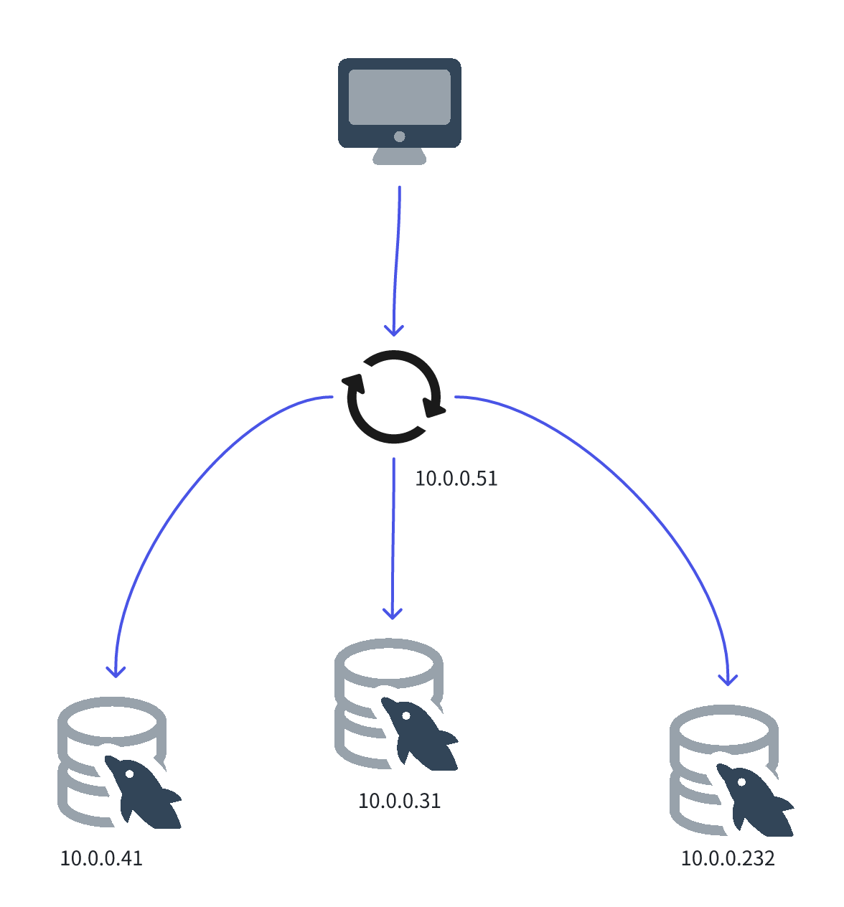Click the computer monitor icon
pyautogui.click(x=399, y=108)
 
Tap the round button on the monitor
pyautogui.click(x=400, y=136)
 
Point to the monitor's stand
pyautogui.click(x=400, y=157)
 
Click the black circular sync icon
pyautogui.click(x=393, y=396)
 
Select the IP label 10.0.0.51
pyautogui.click(x=456, y=479)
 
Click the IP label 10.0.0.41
pyautogui.click(x=101, y=858)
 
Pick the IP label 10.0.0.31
pyautogui.click(x=399, y=801)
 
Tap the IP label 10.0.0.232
pyautogui.click(x=728, y=858)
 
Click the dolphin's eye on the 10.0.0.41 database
pyautogui.click(x=129, y=774)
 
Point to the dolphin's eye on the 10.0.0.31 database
pyautogui.click(x=406, y=715)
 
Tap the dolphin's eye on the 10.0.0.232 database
pyautogui.click(x=741, y=781)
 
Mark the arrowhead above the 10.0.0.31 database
pyautogui.click(x=392, y=614)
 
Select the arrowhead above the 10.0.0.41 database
pyautogui.click(x=116, y=672)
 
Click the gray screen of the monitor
pyautogui.click(x=399, y=97)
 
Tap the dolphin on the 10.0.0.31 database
pyautogui.click(x=421, y=736)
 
